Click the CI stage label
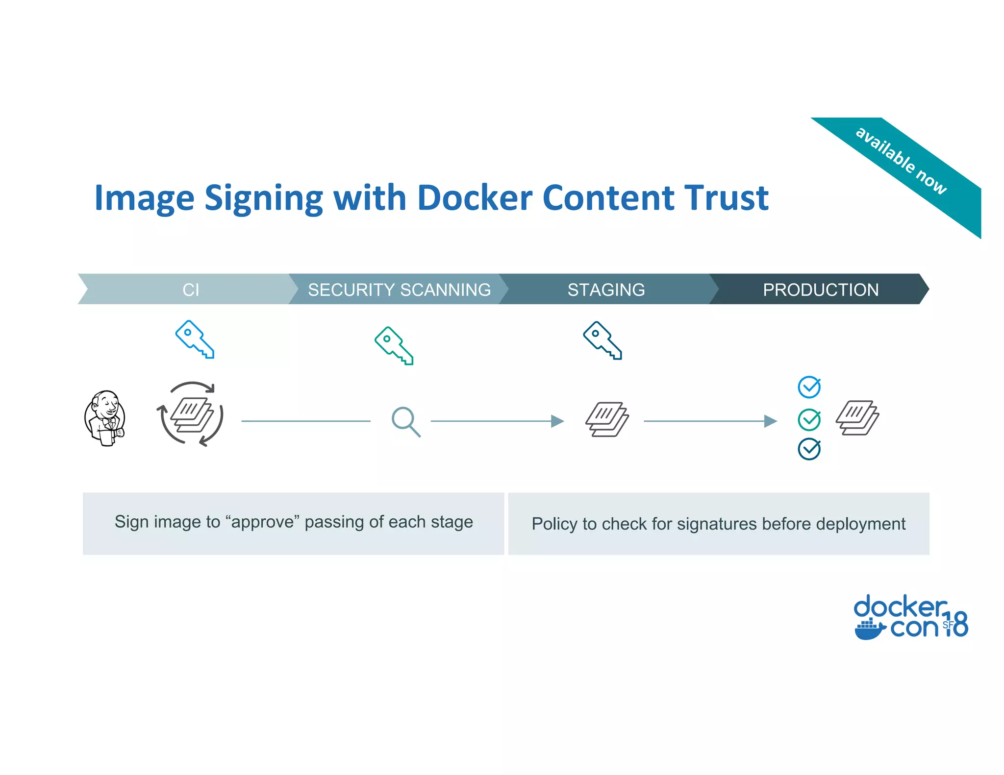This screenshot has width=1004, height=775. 191,290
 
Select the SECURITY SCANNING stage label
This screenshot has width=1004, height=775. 399,290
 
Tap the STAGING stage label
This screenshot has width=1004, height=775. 606,290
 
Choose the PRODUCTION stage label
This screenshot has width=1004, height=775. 821,290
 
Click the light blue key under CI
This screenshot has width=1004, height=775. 195,339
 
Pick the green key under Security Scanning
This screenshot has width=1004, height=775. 394,345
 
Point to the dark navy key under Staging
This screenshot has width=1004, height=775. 602,340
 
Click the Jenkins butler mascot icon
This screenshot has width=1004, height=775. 105,418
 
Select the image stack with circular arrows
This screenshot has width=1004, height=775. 191,414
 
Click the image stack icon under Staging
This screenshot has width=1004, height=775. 607,419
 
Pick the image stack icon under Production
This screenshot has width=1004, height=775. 857,418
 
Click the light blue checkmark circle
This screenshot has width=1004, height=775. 809,387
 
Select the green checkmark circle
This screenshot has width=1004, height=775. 809,419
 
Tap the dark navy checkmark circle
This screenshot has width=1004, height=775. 809,449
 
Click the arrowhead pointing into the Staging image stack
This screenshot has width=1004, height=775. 557,421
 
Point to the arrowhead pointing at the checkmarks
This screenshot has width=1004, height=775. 771,421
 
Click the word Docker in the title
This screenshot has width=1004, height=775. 475,198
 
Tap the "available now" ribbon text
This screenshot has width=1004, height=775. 901,160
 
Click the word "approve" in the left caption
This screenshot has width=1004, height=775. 262,522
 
